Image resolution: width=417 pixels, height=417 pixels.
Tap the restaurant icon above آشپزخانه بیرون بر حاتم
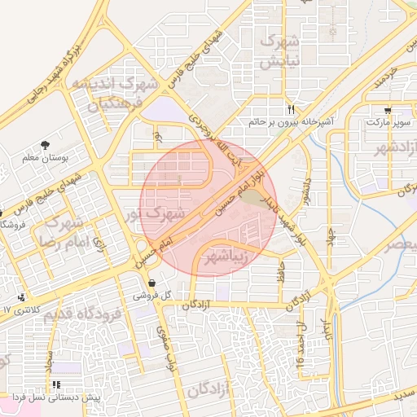(291, 109)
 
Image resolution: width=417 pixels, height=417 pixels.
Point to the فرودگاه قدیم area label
(81, 314)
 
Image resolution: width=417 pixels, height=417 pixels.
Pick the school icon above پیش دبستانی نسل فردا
(55, 384)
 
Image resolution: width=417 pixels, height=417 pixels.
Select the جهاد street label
(331, 233)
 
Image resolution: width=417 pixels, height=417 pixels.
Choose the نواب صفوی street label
(161, 342)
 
